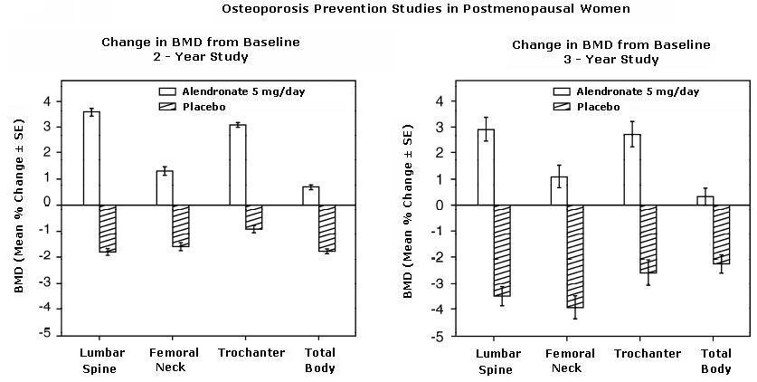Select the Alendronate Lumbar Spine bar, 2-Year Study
point(91,158)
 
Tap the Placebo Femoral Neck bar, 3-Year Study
point(574,256)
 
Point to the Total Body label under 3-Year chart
point(716,361)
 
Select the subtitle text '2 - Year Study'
point(201,56)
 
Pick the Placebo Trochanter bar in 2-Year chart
point(254,217)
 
